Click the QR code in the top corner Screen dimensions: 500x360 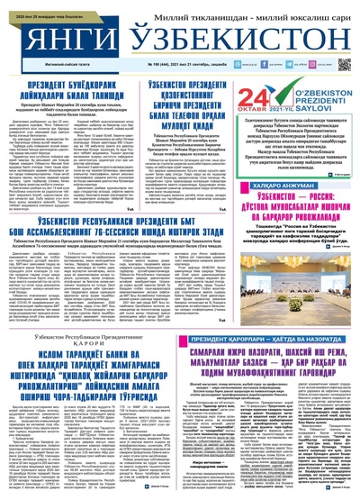(343, 65)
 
